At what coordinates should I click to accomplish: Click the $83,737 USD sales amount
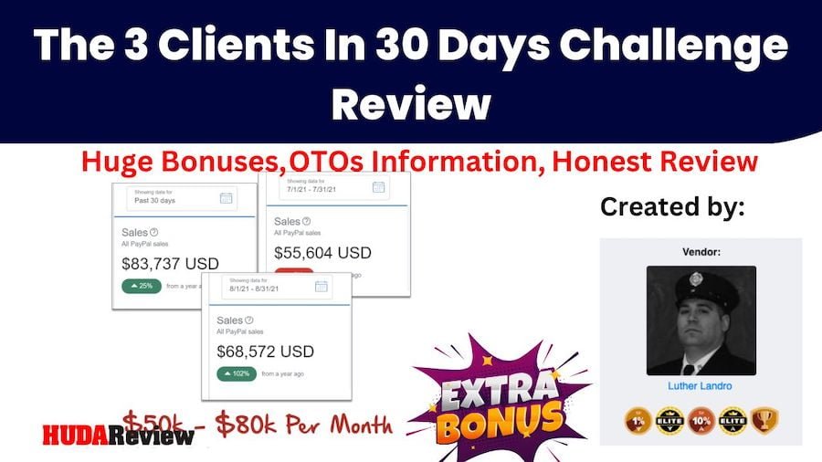point(170,264)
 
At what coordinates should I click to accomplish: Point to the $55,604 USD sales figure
point(322,253)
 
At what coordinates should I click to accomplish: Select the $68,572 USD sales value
point(265,351)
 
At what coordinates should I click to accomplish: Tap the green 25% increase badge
point(142,286)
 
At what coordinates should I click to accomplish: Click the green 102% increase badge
point(237,373)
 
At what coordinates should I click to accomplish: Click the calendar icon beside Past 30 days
point(226,197)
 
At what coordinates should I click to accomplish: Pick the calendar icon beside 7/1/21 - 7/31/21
point(378,187)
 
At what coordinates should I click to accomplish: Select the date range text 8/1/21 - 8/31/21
point(260,289)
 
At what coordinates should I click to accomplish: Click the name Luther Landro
point(701,386)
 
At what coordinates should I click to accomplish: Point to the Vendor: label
point(701,251)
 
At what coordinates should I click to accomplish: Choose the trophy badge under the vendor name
point(764,420)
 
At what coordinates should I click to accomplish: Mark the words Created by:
point(673,206)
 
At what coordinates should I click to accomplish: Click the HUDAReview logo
point(118,435)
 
